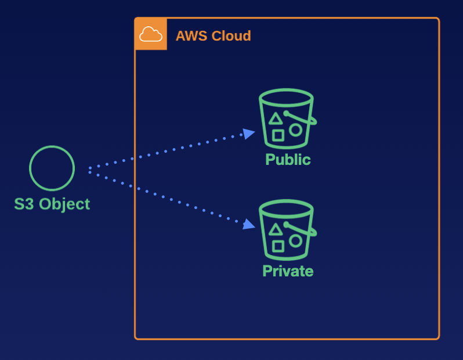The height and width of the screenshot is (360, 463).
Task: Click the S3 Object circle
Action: (52, 168)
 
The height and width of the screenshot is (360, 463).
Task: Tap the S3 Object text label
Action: (52, 204)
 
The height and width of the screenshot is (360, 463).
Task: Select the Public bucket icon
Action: (287, 118)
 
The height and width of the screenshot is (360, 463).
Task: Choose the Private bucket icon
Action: (287, 230)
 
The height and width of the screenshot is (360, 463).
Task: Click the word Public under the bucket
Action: (288, 160)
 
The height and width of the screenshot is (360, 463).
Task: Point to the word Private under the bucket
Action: (288, 271)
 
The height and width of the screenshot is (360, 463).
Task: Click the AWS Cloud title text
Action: (213, 36)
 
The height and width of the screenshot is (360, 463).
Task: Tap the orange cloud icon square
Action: (151, 34)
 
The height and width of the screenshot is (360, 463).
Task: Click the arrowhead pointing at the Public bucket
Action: (249, 134)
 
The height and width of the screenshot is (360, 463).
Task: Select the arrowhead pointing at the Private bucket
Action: (249, 224)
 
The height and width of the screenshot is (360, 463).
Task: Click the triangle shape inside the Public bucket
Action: (276, 119)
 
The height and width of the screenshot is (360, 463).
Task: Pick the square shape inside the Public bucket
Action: (278, 135)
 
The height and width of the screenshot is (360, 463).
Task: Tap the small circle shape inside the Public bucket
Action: (296, 129)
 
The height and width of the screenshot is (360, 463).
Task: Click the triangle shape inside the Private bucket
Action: (276, 230)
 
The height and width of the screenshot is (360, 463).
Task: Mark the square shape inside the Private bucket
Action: (278, 246)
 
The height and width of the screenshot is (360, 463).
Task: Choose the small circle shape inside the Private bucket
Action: (296, 240)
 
